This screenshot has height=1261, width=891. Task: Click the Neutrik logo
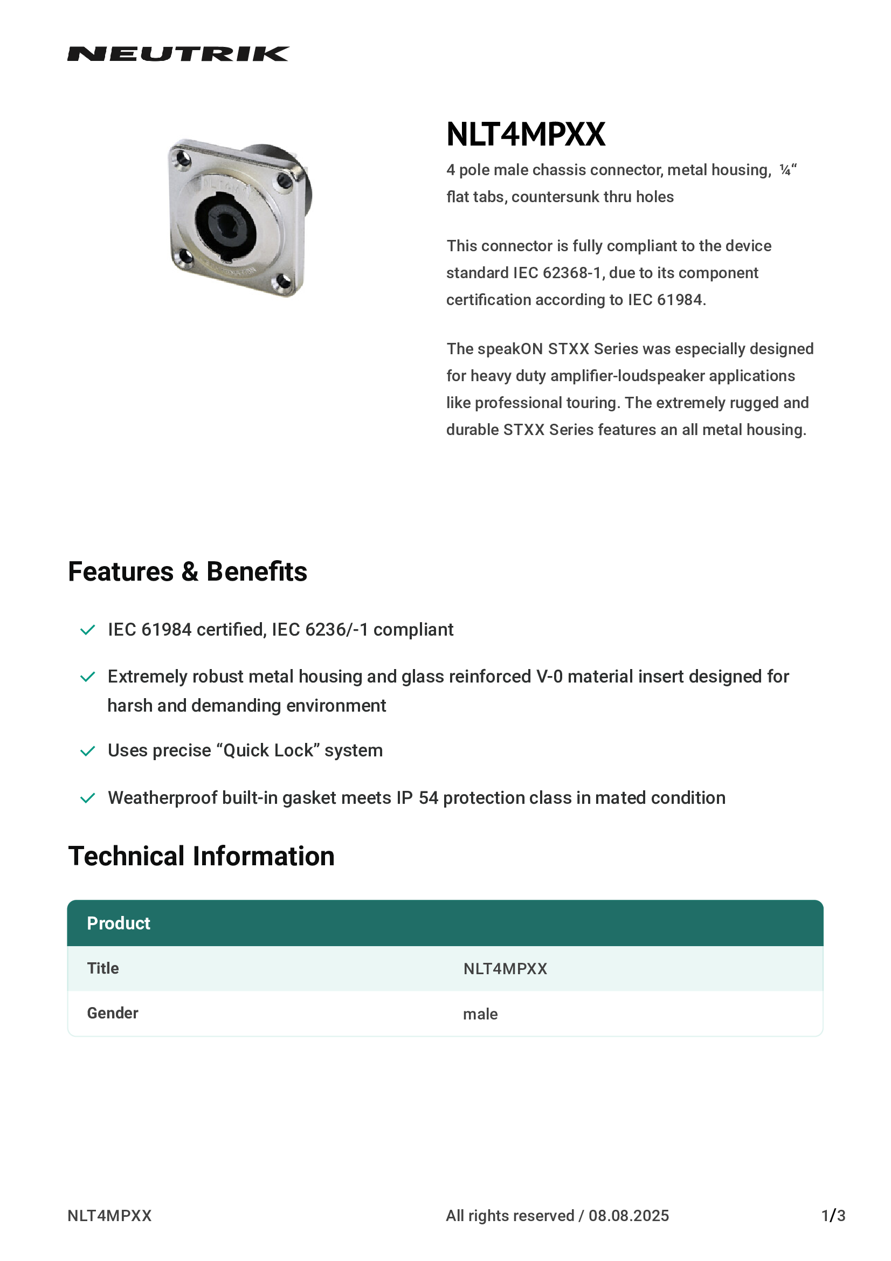178,54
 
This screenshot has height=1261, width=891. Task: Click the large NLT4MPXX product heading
526,135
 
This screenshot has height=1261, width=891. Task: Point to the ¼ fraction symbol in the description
785,170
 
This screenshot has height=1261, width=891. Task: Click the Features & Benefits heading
187,571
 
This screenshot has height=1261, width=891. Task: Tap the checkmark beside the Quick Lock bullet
88,751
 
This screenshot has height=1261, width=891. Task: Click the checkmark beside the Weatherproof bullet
88,798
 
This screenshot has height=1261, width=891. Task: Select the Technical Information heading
201,856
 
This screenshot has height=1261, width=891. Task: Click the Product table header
119,923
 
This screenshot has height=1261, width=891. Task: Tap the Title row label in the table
103,968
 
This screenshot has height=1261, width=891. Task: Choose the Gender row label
113,1014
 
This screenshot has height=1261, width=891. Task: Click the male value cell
480,1015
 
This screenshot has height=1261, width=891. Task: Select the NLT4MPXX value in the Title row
505,969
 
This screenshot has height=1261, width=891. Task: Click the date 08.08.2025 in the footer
628,1216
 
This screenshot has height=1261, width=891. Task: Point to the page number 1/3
833,1216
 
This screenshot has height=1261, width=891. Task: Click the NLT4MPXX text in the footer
109,1216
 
